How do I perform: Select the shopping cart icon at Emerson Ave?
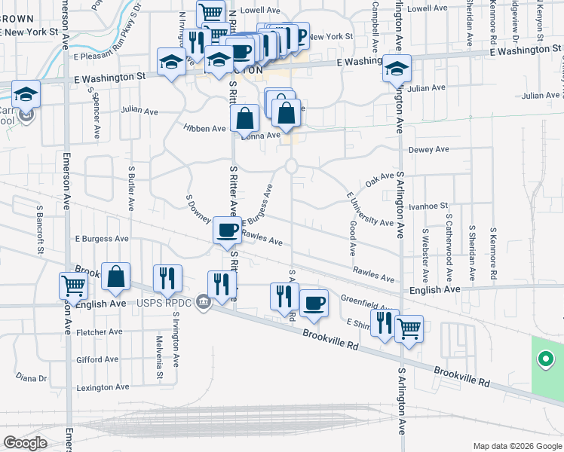click(x=73, y=285)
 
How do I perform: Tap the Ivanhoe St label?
click(x=428, y=205)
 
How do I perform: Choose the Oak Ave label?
click(x=375, y=182)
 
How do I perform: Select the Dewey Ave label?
click(x=428, y=149)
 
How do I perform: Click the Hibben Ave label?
click(x=204, y=129)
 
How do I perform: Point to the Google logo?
click(x=25, y=443)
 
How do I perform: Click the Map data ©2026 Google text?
click(x=516, y=446)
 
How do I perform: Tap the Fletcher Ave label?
click(x=99, y=331)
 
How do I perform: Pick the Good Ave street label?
click(x=353, y=237)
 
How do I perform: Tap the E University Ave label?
click(x=369, y=210)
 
